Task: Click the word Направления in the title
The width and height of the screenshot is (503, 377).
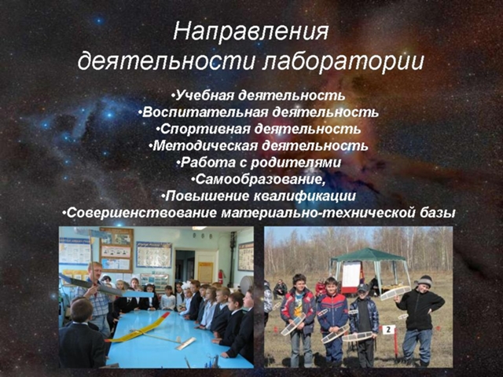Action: pos(251,32)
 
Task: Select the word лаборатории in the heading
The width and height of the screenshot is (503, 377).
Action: pos(343,61)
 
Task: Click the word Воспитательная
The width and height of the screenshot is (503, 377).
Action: pos(204,112)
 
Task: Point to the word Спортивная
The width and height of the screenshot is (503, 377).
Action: pos(205,129)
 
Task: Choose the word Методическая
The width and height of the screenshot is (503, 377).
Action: pos(205,146)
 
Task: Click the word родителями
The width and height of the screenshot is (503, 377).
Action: pos(296,163)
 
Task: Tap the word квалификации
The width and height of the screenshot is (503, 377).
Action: pos(304,196)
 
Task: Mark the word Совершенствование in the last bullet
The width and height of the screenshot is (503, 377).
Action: pos(141,213)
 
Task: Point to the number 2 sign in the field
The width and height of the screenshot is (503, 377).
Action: pos(388,329)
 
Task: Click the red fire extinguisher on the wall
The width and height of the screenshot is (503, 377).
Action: pos(220,276)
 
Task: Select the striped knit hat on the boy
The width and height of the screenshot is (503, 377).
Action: pos(424,281)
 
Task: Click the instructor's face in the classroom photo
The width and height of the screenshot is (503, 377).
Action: pos(96,271)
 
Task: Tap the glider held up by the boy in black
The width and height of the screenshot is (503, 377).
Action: pos(395,292)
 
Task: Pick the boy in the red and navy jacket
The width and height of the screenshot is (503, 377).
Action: pos(332,320)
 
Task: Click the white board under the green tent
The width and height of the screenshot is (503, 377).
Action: pos(351,275)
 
